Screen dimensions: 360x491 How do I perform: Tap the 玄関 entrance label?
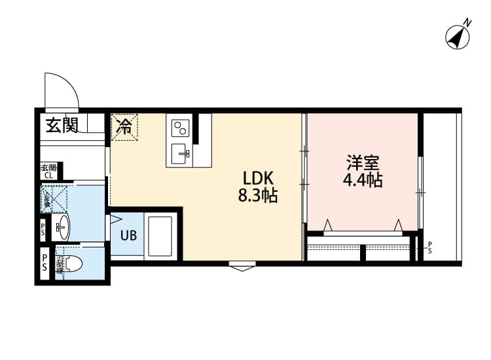62,124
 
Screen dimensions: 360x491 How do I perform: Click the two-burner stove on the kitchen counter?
181,128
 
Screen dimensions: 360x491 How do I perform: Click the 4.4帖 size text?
362,180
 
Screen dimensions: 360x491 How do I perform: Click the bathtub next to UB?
160,236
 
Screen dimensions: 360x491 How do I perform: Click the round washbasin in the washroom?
62,228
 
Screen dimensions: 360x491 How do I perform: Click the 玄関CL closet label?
49,171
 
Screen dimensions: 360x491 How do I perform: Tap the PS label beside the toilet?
45,262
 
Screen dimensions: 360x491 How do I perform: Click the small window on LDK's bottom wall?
243,266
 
